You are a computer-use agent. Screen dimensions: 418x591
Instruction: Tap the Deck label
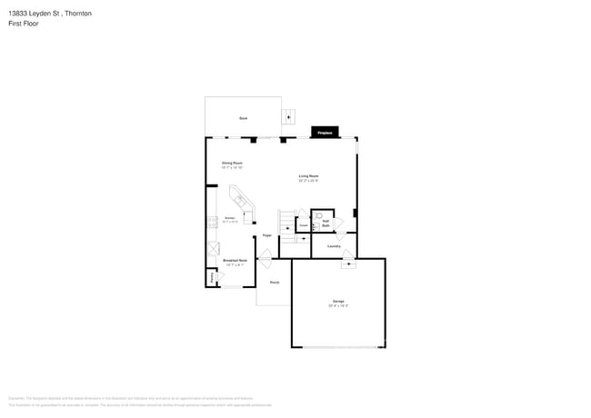[x=243, y=119]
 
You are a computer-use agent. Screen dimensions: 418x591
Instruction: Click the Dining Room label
[x=232, y=164]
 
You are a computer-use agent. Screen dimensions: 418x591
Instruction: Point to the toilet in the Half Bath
[x=319, y=218]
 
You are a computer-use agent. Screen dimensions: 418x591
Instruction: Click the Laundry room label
[x=334, y=246]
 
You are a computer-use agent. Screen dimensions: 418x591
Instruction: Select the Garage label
[x=337, y=301]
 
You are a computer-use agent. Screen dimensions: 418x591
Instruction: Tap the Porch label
[x=274, y=283]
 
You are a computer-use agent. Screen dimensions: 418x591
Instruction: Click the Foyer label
[x=267, y=235]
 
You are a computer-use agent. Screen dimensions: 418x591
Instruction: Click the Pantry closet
[x=213, y=277]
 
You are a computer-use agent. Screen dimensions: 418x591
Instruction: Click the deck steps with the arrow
[x=289, y=115]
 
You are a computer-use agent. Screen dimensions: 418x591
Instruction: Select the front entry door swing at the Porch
[x=265, y=261]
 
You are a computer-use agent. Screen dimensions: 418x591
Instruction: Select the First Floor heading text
[x=25, y=25]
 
